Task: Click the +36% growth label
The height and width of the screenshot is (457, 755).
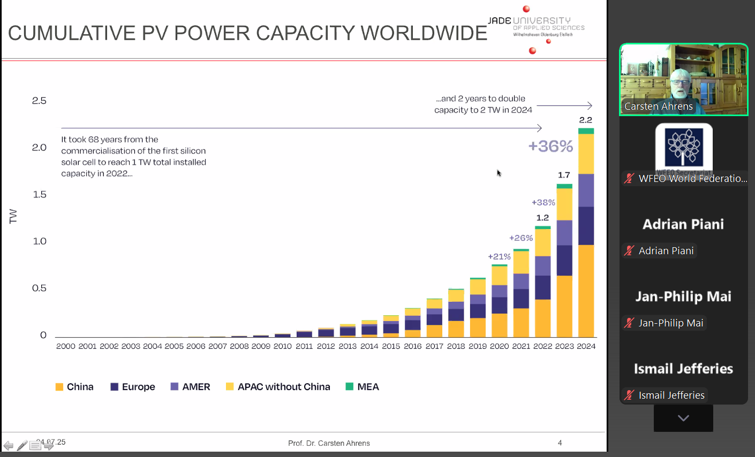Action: (x=550, y=146)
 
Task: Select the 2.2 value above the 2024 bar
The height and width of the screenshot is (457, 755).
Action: (x=586, y=120)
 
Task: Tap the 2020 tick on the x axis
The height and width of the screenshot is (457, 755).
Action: (x=499, y=346)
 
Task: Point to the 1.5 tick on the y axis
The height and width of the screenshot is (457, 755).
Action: (x=40, y=194)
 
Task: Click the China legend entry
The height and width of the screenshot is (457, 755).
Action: (x=74, y=387)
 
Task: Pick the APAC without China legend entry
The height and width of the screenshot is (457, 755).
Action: (x=278, y=387)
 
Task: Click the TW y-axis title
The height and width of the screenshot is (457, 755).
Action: (x=13, y=216)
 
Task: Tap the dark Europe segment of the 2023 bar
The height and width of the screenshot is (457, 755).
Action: (x=564, y=261)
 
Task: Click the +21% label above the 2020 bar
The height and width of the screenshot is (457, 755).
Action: (x=499, y=257)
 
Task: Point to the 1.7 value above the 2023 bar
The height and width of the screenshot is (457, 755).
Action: (x=564, y=175)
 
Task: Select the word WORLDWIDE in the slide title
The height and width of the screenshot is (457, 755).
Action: (x=424, y=33)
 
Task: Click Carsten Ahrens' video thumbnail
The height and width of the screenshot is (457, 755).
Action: (x=683, y=79)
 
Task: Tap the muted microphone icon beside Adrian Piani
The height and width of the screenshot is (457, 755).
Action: (x=629, y=250)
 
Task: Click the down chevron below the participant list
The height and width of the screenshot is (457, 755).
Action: (x=683, y=418)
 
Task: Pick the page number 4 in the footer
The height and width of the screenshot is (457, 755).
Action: (x=560, y=443)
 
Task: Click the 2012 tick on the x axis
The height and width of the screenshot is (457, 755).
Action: (x=326, y=346)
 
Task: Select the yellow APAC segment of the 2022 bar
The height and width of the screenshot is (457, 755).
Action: (x=543, y=242)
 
